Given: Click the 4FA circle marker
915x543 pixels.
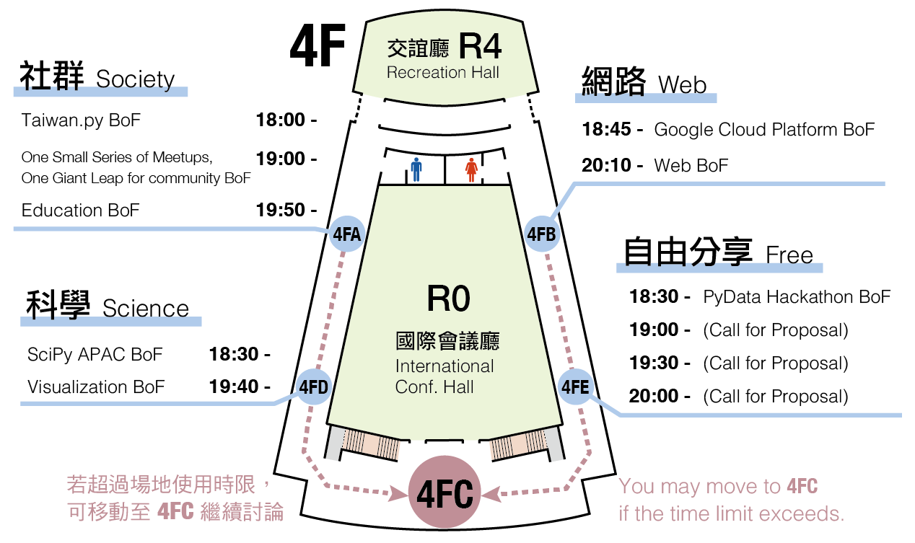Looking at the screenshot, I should click(346, 234).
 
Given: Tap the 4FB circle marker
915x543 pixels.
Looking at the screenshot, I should click(541, 234).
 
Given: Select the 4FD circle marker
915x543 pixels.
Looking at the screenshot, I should click(313, 387).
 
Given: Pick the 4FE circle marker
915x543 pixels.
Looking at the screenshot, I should click(575, 387).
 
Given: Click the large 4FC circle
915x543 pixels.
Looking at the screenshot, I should click(445, 495).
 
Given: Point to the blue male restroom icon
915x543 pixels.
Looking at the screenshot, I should click(416, 170).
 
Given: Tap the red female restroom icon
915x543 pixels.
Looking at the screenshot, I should click(471, 170).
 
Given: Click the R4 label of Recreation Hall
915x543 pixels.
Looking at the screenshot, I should click(479, 48).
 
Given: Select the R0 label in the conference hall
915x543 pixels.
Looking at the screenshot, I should click(448, 299).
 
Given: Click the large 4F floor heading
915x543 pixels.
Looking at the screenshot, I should click(318, 45).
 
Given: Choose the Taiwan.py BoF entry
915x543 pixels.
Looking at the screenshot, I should click(81, 120).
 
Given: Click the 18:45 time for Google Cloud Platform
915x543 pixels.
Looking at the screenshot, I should click(607, 130).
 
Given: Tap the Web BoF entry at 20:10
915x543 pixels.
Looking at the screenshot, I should click(691, 165).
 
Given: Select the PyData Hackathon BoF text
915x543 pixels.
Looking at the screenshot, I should click(797, 296).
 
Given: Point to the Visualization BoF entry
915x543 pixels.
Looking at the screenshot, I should click(96, 387).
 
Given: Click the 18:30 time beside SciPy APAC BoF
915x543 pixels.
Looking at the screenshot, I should click(234, 354).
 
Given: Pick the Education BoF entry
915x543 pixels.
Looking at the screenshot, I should click(80, 210).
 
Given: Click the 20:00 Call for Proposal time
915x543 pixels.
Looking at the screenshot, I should click(654, 396).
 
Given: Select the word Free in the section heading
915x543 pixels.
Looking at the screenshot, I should click(789, 255).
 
